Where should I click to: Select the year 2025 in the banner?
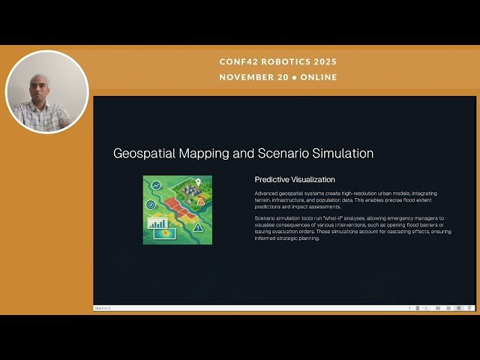(x=324, y=61)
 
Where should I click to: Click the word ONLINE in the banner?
(x=319, y=77)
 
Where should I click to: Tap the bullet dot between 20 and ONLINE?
(x=295, y=77)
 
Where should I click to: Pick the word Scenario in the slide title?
(x=279, y=153)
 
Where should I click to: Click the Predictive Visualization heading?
(x=295, y=180)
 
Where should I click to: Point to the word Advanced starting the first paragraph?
(x=267, y=193)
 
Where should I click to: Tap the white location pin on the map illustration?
(x=198, y=181)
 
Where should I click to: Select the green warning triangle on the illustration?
(x=197, y=226)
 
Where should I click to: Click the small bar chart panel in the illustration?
(x=157, y=223)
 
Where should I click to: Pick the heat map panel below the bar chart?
(x=163, y=234)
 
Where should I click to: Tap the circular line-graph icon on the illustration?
(x=156, y=185)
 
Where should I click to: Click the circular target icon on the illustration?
(x=150, y=204)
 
